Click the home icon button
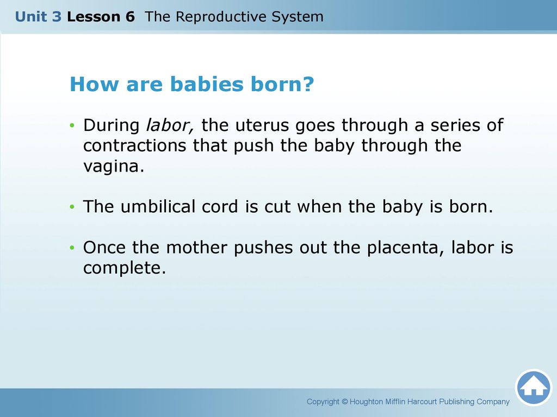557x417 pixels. tap(533, 388)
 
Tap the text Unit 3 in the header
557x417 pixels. tap(38, 17)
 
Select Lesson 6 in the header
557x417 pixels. tap(101, 17)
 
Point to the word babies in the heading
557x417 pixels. tap(207, 84)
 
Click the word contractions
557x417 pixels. tap(135, 146)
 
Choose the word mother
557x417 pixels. tap(196, 247)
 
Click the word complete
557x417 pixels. tap(125, 268)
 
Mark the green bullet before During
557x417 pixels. tap(72, 125)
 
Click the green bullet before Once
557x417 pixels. tap(72, 247)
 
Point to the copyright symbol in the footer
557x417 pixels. tap(344, 402)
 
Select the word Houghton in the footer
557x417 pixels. tap(366, 402)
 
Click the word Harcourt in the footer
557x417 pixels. tap(422, 402)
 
